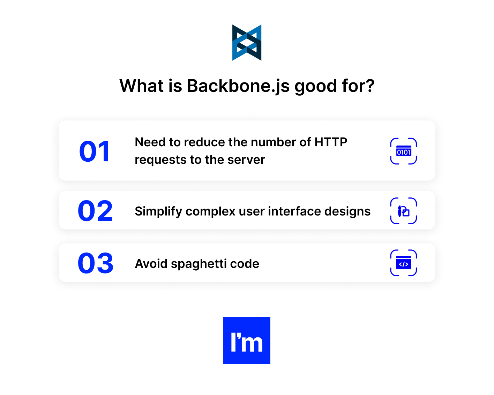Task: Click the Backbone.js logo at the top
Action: pos(247,43)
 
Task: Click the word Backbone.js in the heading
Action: pos(238,86)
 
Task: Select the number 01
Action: pos(95,152)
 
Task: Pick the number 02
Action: pos(95,211)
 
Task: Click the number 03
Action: pos(96,263)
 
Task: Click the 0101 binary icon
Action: pos(404,151)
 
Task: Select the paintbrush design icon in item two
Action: pos(404,211)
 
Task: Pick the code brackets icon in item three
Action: pos(404,263)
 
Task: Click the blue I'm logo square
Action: pos(247,340)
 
